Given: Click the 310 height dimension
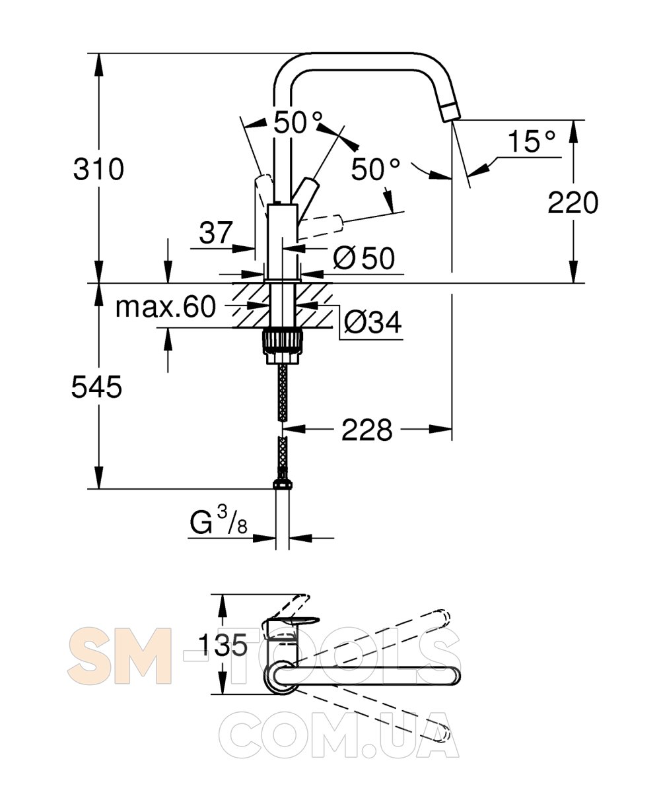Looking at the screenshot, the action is (x=98, y=169).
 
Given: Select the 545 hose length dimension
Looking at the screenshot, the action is (x=97, y=387).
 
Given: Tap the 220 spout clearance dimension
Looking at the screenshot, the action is (x=573, y=203).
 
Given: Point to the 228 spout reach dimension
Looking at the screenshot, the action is (x=367, y=430).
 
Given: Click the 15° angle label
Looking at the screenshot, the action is (x=532, y=141).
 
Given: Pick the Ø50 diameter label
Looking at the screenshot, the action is (x=364, y=258).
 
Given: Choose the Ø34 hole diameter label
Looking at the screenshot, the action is (x=372, y=323).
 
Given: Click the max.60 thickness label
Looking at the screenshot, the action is (x=166, y=307).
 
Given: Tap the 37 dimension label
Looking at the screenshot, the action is (x=215, y=232).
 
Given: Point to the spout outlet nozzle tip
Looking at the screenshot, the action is (x=452, y=113).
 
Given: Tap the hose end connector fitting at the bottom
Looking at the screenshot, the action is (x=283, y=483).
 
